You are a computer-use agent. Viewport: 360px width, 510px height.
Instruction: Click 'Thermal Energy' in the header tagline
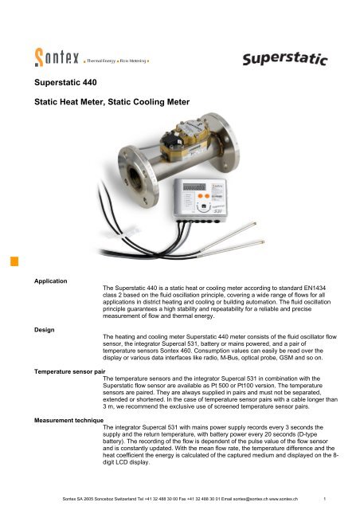pyautogui.click(x=103, y=60)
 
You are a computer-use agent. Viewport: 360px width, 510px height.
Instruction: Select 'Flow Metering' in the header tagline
pyautogui.click(x=137, y=60)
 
